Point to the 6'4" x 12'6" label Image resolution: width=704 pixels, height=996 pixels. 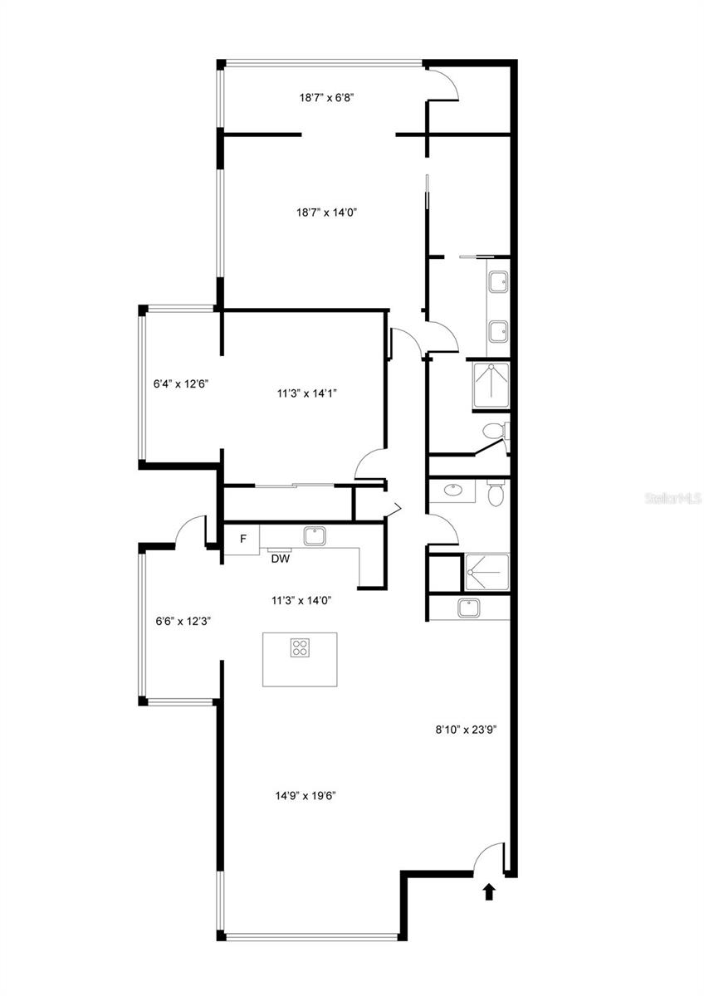tap(180, 384)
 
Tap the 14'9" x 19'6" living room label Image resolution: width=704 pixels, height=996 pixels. tap(306, 795)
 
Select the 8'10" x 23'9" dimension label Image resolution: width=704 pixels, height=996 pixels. tap(466, 730)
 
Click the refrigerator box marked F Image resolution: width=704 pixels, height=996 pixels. tap(242, 539)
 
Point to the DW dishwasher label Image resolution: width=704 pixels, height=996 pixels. tap(280, 559)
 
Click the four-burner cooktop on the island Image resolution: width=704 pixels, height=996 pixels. tap(300, 647)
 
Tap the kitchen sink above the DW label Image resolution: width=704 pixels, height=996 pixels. tap(315, 536)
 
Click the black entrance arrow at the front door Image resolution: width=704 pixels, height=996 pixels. tap(489, 892)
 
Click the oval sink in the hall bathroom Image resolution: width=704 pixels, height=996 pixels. tap(453, 491)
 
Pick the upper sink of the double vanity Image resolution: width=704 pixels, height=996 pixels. tap(498, 283)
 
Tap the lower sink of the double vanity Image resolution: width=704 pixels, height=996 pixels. tap(498, 332)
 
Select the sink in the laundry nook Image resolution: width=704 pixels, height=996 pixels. tap(472, 608)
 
